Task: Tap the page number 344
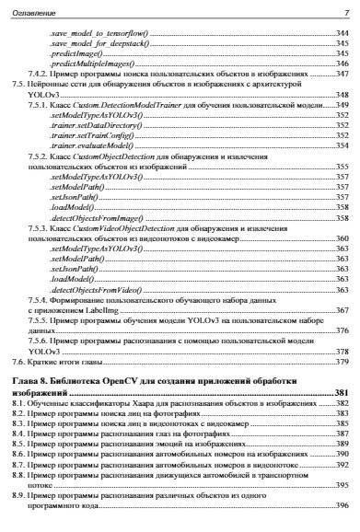[342, 32]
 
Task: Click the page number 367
[342, 310]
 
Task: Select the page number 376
[342, 330]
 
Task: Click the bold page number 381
[341, 392]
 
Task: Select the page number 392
[342, 467]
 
